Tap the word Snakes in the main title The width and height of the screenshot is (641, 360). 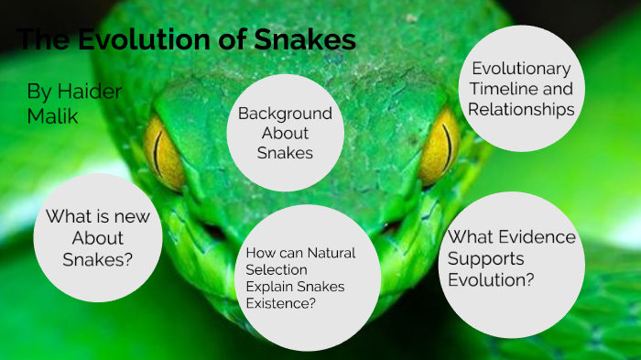(304, 40)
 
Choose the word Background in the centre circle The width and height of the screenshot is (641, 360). (285, 114)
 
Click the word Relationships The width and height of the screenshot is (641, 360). (520, 109)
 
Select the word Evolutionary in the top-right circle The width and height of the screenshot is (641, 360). (520, 70)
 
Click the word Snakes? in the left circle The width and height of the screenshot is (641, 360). (98, 258)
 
